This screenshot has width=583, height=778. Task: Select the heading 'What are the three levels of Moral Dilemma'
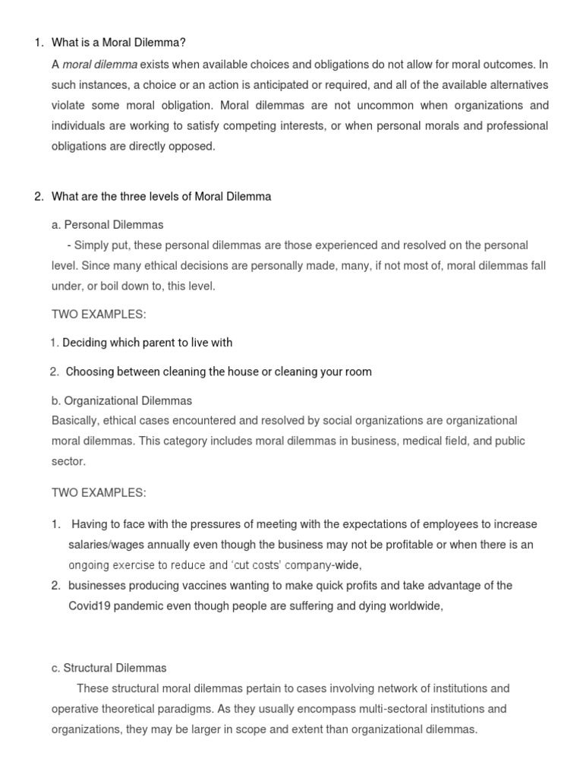161,197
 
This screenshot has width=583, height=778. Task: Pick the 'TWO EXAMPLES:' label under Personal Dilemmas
99,315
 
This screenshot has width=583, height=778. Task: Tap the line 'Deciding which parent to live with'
147,343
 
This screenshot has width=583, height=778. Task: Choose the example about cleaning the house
219,372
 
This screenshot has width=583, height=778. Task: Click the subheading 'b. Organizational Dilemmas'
122,400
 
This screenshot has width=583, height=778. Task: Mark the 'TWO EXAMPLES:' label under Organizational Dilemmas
99,493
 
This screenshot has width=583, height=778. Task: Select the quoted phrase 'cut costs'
257,565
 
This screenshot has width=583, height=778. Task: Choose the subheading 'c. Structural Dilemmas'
109,668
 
